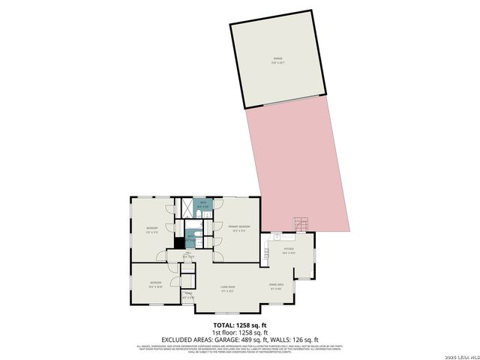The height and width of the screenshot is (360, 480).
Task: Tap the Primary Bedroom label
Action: point(239,227)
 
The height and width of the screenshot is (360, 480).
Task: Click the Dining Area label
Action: point(275,286)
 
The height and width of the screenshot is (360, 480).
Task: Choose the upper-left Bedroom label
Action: point(152,229)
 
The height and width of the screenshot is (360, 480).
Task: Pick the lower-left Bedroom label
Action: point(155,283)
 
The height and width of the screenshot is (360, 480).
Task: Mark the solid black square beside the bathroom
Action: point(179,242)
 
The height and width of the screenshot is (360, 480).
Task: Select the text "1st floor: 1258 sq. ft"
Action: point(239,332)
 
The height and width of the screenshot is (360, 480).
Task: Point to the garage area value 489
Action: point(252,340)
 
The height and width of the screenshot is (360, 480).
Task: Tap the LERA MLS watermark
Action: point(459,355)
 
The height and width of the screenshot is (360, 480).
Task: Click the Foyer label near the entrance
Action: point(188,296)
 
